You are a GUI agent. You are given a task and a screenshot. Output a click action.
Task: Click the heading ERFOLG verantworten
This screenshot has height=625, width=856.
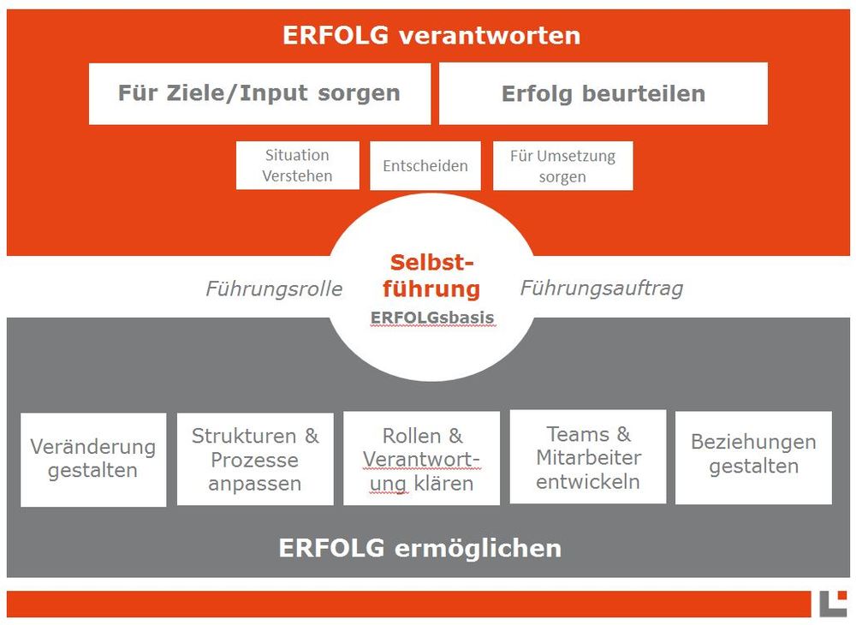coord(431,36)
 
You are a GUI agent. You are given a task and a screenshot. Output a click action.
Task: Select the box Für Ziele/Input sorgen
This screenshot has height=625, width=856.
coord(260,94)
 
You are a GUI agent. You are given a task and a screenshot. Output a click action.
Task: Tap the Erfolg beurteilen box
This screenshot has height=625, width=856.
coord(603,94)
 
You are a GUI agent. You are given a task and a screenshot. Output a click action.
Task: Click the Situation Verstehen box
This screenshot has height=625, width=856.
coord(298,165)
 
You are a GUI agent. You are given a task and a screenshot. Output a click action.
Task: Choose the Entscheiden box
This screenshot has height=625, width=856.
coord(425,166)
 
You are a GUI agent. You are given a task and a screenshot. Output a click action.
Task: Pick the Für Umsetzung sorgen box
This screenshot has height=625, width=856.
coord(563,166)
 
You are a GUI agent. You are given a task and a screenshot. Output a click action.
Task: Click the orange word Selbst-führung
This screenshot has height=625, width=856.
coord(431,277)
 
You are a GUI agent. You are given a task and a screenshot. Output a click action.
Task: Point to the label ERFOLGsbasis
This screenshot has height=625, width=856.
coord(432,318)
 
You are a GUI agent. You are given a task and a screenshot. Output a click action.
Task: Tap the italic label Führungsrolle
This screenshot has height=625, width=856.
coord(274,289)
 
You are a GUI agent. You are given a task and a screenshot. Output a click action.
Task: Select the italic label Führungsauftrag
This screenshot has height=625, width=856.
coord(602,289)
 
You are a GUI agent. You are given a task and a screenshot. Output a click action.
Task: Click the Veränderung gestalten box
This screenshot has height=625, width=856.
coord(93,460)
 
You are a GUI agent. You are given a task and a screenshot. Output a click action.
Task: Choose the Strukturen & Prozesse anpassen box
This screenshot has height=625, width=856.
coord(255,459)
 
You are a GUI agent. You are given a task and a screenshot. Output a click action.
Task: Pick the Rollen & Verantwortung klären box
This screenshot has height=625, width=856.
coord(421,459)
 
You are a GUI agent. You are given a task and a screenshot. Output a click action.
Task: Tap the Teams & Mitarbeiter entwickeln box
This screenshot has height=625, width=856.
coord(588,457)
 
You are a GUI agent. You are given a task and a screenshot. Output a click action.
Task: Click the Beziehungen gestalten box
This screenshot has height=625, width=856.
coord(753,457)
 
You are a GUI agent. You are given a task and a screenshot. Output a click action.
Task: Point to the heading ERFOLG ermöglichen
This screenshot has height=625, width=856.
coord(419,548)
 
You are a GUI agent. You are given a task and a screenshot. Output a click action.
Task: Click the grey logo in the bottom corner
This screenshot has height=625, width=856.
coord(833,604)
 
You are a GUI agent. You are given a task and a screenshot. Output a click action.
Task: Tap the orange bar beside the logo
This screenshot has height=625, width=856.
coord(409,604)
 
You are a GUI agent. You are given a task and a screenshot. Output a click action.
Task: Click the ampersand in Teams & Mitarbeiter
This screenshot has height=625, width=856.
coord(623,434)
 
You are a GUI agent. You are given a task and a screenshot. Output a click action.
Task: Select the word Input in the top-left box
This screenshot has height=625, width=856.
coord(274,93)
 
